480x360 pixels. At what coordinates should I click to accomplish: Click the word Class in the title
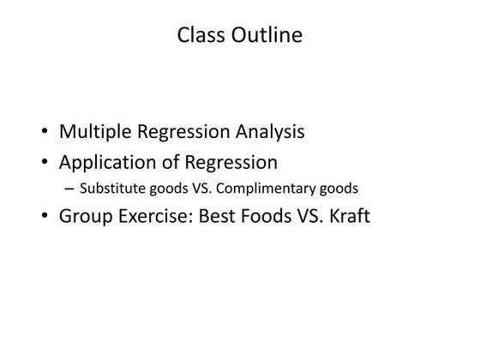coord(198,35)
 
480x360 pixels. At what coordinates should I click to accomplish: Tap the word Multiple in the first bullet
coord(92,133)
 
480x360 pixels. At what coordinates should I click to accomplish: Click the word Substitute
coord(107,187)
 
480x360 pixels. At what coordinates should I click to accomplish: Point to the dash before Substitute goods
coord(69,188)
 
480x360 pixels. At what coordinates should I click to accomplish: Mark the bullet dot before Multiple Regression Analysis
coord(44,135)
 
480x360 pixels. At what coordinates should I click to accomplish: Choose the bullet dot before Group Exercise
coord(44,216)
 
